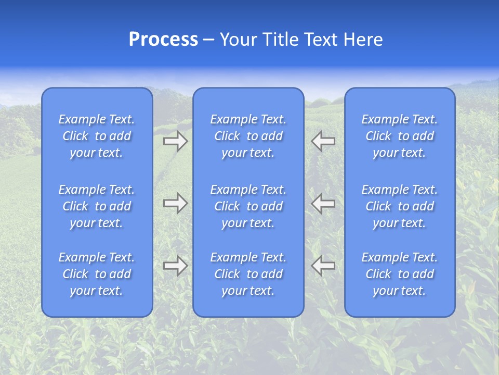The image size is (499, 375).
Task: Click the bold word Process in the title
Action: [x=163, y=40]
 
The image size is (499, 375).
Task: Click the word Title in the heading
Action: [x=281, y=40]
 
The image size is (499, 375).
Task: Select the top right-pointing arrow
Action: [x=175, y=141]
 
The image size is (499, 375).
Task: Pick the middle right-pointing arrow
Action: [x=175, y=203]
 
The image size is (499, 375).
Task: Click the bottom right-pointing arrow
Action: [x=175, y=266]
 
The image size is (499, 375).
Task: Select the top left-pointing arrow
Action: [x=323, y=141]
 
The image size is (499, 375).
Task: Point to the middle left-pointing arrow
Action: [x=323, y=203]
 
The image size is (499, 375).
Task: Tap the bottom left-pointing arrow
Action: [x=323, y=266]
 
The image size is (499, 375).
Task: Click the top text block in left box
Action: [x=97, y=136]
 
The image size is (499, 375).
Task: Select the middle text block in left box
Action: [x=97, y=206]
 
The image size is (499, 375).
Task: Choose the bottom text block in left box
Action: [x=97, y=274]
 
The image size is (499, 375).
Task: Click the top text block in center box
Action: [x=248, y=136]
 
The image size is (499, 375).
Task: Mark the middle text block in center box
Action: [x=248, y=206]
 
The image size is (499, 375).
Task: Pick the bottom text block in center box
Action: [x=248, y=274]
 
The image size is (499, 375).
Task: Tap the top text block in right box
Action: [x=400, y=136]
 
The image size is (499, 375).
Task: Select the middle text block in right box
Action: [x=400, y=206]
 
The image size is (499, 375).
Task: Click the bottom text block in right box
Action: [x=400, y=274]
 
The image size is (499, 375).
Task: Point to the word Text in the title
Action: [x=320, y=40]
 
